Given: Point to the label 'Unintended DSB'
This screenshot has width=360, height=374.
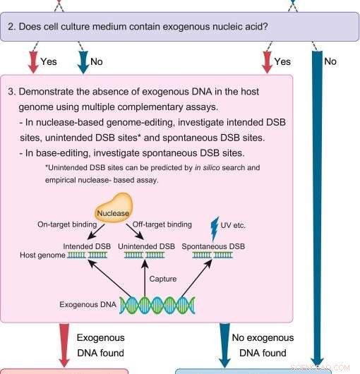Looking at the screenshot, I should coord(147,246).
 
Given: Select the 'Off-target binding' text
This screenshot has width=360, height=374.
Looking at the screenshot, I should coord(162,224).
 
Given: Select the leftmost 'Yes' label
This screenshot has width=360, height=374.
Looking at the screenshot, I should coord(49,61).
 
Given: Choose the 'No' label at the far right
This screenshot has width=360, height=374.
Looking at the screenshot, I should coord(330,61).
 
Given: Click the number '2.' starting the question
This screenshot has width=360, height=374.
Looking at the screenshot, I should coord(12,28).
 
